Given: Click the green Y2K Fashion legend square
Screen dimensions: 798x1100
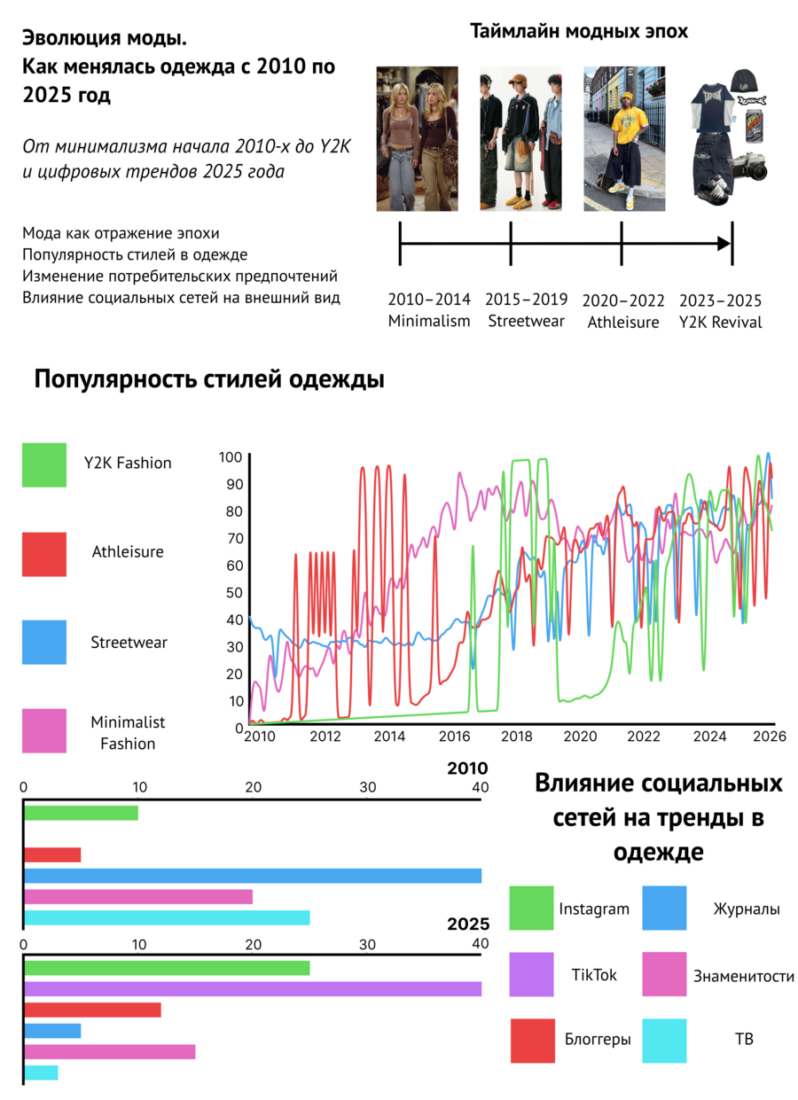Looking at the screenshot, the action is click(44, 464).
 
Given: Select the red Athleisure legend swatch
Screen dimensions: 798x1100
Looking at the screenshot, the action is click(44, 554).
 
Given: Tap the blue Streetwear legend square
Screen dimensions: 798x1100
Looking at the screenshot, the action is click(44, 642).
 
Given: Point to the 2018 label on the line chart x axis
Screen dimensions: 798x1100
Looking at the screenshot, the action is click(516, 736).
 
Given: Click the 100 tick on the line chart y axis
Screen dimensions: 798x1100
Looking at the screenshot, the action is click(231, 457).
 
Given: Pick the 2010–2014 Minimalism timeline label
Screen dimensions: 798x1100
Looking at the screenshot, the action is click(429, 310).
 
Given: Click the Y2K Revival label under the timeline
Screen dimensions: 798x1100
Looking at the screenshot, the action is click(720, 322).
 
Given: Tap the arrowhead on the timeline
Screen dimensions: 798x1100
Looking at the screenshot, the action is click(724, 243).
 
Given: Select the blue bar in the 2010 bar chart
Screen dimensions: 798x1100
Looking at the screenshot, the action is click(253, 876).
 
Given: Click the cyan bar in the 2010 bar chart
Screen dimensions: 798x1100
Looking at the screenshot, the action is click(167, 917).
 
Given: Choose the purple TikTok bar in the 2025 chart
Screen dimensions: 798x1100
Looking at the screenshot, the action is click(253, 989).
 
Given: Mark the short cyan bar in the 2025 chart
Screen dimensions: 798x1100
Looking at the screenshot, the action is click(41, 1073).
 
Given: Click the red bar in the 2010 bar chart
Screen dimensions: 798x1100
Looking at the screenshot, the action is click(52, 855).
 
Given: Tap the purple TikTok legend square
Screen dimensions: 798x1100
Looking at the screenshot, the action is click(531, 974).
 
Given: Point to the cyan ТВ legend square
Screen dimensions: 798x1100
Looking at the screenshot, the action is click(664, 1041).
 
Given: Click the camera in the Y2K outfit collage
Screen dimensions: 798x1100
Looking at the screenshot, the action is click(748, 167).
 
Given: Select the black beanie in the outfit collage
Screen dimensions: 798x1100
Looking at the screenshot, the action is click(743, 82).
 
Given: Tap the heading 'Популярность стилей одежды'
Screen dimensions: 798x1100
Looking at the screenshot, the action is click(209, 379).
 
